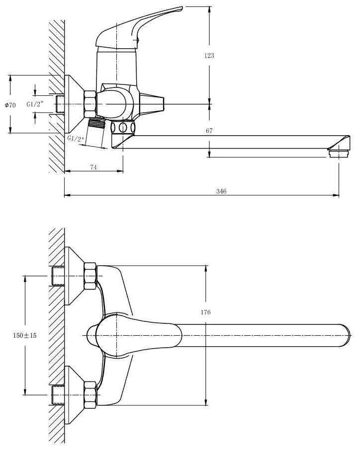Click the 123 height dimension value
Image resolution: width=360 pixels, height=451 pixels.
pyautogui.click(x=209, y=56)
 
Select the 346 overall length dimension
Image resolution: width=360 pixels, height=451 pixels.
pyautogui.click(x=222, y=192)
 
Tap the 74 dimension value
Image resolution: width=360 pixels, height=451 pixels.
pyautogui.click(x=93, y=167)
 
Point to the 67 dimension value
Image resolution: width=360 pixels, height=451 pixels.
pyautogui.click(x=209, y=131)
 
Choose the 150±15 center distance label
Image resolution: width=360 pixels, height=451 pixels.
pyautogui.click(x=25, y=335)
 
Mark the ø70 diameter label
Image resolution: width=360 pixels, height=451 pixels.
pyautogui.click(x=10, y=105)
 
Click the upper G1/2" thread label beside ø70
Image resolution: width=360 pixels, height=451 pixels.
pyautogui.click(x=35, y=104)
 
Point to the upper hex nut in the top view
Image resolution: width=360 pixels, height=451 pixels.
pyautogui.click(x=90, y=275)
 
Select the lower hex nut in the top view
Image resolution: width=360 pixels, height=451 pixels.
pyautogui.click(x=90, y=394)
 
